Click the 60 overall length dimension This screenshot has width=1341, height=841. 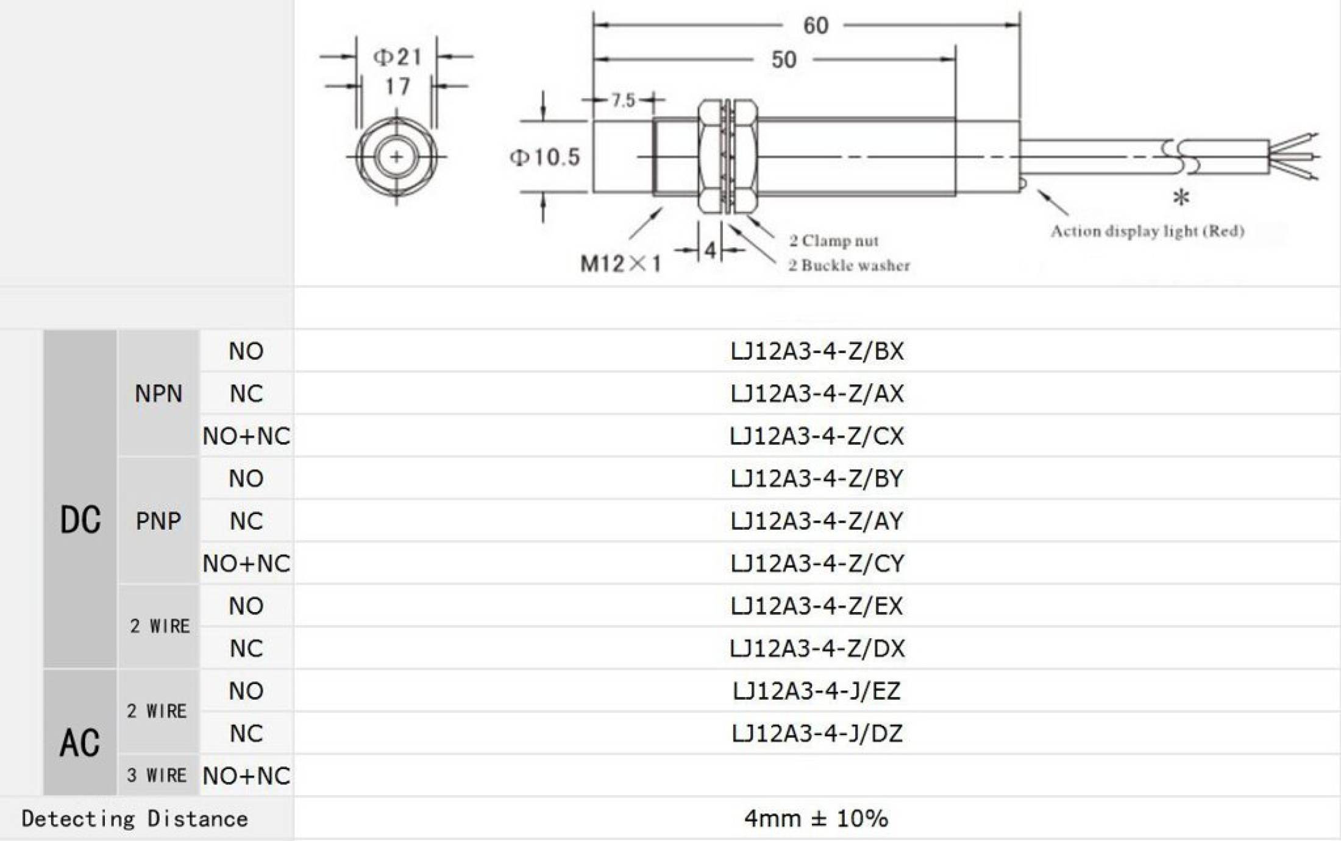(x=816, y=26)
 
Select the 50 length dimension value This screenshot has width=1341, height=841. (x=783, y=60)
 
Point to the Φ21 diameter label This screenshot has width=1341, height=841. (x=397, y=57)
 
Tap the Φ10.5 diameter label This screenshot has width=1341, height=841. (x=545, y=158)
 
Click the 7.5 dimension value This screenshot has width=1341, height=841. (x=623, y=100)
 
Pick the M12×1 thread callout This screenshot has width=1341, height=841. (x=620, y=264)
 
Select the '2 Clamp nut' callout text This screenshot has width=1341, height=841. (x=834, y=241)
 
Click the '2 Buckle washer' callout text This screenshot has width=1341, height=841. (x=848, y=266)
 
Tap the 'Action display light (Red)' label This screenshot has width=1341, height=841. (x=1147, y=231)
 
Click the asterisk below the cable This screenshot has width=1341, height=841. (x=1181, y=198)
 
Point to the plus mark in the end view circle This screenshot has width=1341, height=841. (x=397, y=158)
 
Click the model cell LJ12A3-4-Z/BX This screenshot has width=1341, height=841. (x=817, y=351)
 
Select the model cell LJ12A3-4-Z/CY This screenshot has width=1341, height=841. (x=817, y=563)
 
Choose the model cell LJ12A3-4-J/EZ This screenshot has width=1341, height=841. (x=817, y=691)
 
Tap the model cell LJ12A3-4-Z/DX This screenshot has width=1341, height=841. (x=817, y=649)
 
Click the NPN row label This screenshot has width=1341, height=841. (x=158, y=394)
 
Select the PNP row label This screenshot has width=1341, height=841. (x=158, y=521)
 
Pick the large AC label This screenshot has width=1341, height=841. (x=80, y=744)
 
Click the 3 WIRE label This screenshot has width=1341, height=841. (x=157, y=776)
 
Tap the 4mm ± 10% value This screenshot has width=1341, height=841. (x=816, y=818)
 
